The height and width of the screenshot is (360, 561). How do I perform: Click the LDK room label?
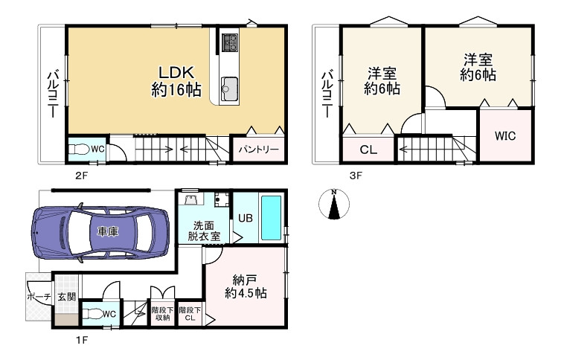(x=176, y=81)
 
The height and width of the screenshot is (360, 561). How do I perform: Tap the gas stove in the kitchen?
(x=230, y=43)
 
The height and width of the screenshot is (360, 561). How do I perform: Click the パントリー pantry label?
(x=259, y=149)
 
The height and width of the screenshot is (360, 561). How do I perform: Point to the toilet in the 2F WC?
(x=78, y=149)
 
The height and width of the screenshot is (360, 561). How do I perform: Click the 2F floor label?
(x=82, y=176)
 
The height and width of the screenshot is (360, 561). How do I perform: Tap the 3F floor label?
(x=356, y=176)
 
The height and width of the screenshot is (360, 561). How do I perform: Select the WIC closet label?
(x=505, y=136)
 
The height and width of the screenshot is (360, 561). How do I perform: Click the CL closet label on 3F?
(x=368, y=150)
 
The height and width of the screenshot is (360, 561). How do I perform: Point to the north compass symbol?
(x=334, y=204)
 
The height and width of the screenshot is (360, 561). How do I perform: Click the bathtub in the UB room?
(x=271, y=218)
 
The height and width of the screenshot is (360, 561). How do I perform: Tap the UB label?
(x=246, y=218)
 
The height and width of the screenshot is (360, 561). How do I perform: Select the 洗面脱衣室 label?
(x=204, y=231)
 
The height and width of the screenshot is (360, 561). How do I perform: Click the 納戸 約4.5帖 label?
(x=246, y=286)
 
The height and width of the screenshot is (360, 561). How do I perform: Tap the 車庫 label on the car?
(x=108, y=232)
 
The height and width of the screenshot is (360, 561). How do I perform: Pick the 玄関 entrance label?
(x=67, y=297)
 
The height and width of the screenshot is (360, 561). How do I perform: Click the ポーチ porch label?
(x=39, y=297)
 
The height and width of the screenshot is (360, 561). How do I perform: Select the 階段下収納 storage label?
(x=162, y=314)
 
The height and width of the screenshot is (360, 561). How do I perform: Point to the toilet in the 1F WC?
(x=92, y=314)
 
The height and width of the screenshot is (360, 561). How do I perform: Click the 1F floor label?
(x=82, y=340)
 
